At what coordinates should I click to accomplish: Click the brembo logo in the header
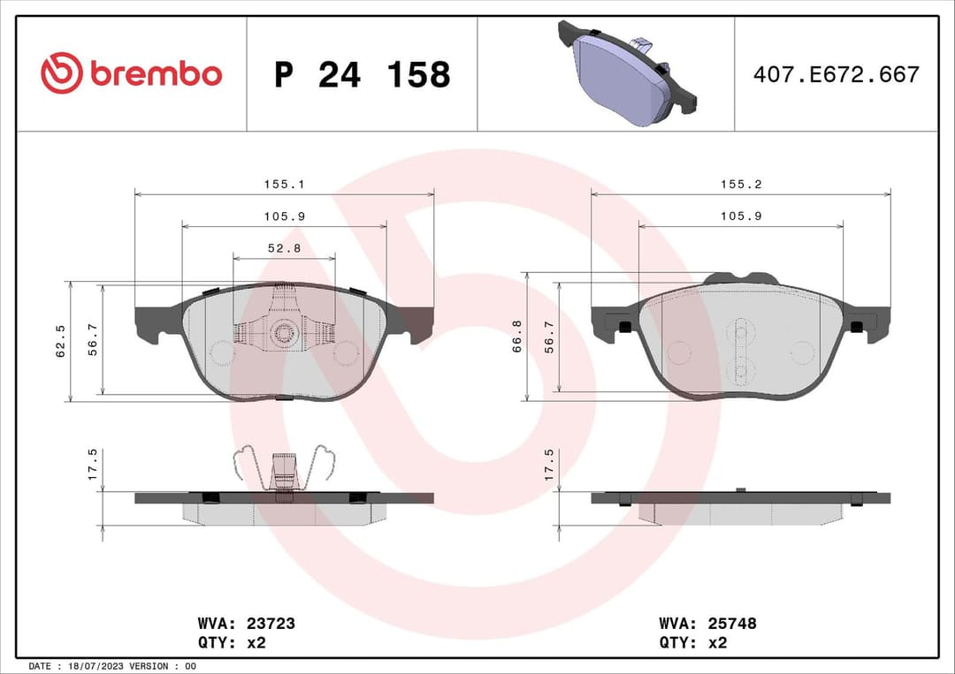132,73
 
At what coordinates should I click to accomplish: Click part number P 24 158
362,75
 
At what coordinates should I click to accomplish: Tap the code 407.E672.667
836,74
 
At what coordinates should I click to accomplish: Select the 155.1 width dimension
284,185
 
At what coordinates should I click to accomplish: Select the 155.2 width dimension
740,185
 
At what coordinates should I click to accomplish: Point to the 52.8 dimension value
284,249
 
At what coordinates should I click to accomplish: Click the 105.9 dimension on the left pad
284,216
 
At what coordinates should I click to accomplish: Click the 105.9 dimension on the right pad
740,216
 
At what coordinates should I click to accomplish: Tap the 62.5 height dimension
61,342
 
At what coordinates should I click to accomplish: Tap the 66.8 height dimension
517,337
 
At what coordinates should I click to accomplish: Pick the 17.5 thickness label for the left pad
93,464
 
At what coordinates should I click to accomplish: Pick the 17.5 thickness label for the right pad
549,464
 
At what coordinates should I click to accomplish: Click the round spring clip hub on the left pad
284,332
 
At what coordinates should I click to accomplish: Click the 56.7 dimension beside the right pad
549,337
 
